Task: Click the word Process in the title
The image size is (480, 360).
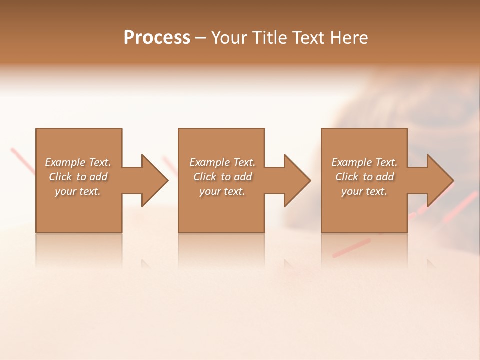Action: coord(157,38)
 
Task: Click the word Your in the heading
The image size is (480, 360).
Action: coord(231,38)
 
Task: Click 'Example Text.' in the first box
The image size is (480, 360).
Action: coord(78,162)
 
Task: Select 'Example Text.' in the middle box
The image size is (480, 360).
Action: coord(222,162)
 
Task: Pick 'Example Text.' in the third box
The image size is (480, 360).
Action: coord(364,162)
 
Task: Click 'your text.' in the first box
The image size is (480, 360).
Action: coord(78,191)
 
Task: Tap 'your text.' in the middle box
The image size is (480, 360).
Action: coord(222,191)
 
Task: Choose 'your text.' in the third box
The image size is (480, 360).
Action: coord(364,191)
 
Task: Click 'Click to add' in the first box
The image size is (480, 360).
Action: coord(78,177)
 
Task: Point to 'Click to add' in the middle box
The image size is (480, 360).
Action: coord(222,177)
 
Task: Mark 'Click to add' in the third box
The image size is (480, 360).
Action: coord(364,177)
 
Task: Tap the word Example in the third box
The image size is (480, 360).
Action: coord(352,162)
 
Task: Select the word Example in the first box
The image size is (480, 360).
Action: coord(65,162)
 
